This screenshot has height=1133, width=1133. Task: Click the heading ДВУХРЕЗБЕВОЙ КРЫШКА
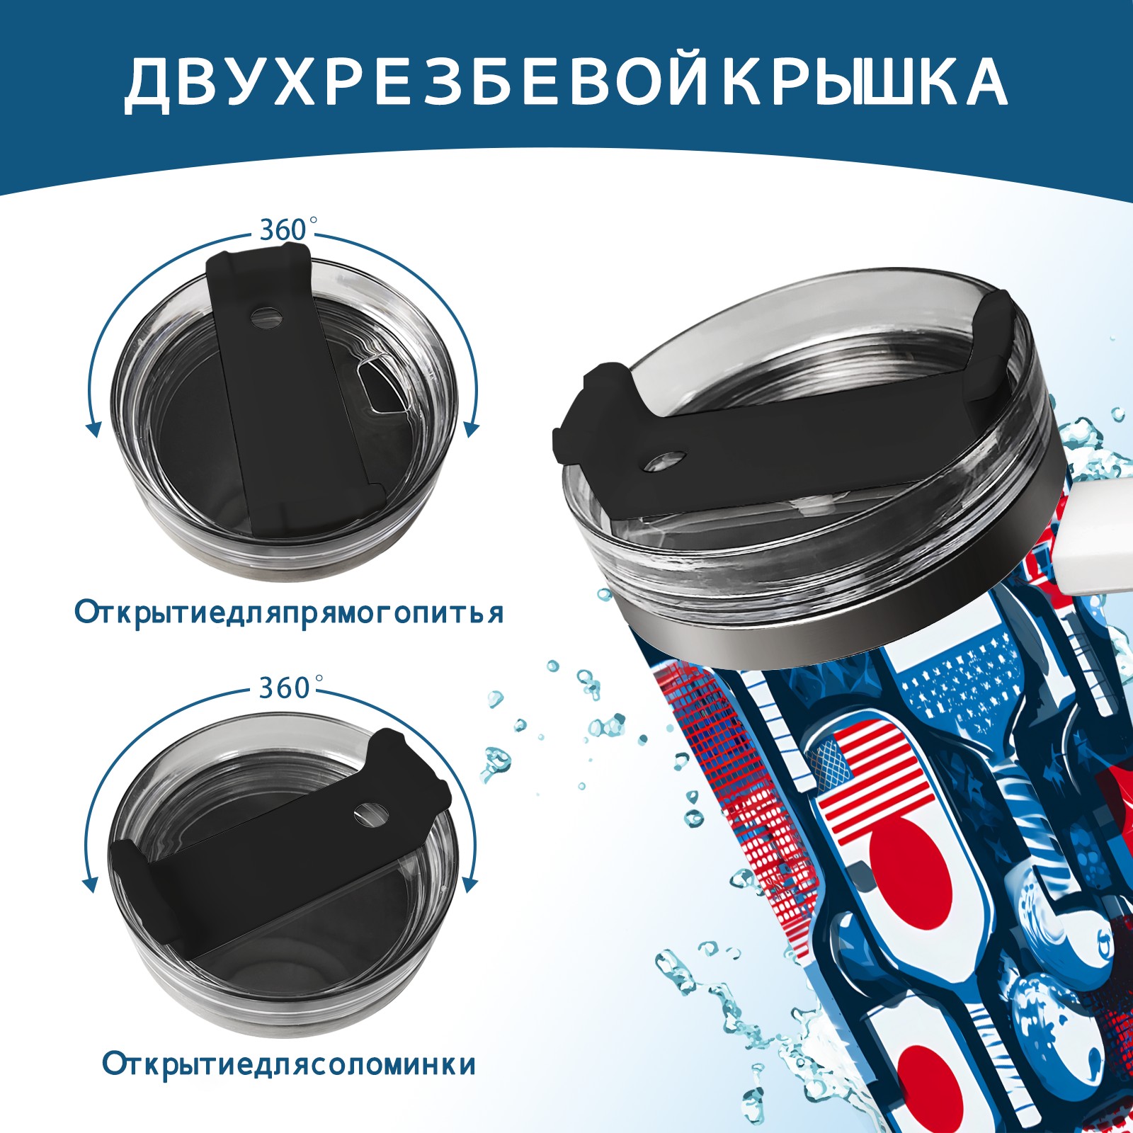click(566, 84)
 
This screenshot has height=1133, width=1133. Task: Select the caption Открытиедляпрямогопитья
click(289, 613)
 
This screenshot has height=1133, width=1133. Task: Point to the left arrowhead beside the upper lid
click(93, 428)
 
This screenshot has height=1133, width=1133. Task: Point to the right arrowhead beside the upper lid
click(472, 429)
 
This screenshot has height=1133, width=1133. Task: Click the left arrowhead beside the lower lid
click(90, 884)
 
